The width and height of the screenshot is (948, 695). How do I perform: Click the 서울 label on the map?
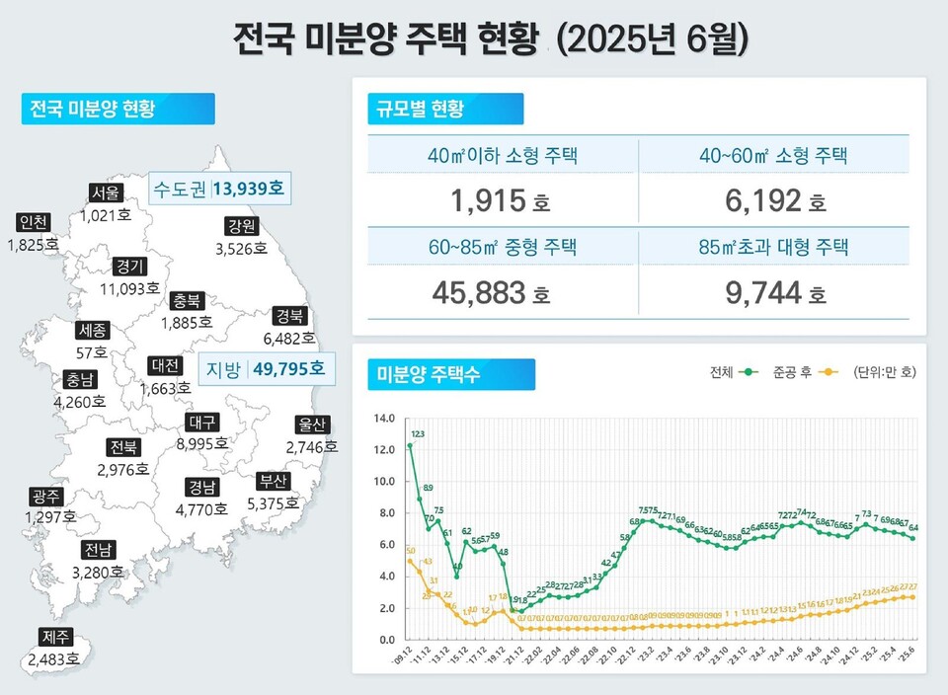pos(106,192)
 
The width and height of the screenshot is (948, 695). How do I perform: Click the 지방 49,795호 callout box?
pos(264,369)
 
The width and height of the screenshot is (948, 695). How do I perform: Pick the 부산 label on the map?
pos(273,481)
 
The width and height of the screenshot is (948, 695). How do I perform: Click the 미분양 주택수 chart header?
pos(451,374)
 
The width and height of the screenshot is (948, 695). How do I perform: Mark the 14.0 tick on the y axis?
pos(382,419)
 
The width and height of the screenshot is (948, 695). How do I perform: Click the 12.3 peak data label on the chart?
pos(418,433)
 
